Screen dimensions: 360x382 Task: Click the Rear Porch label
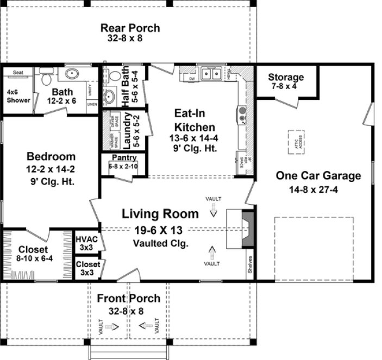tap(129, 28)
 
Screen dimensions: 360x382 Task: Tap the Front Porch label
tap(129, 298)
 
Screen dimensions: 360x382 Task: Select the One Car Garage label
tap(318, 176)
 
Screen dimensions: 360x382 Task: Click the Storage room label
tap(285, 77)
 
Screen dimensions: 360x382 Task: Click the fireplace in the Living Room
tap(247, 229)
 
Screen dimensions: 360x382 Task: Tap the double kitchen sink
tap(211, 73)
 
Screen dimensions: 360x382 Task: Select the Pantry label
tap(124, 158)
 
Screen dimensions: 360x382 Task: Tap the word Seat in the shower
tap(18, 72)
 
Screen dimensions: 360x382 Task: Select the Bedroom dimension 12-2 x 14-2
tap(50, 169)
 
